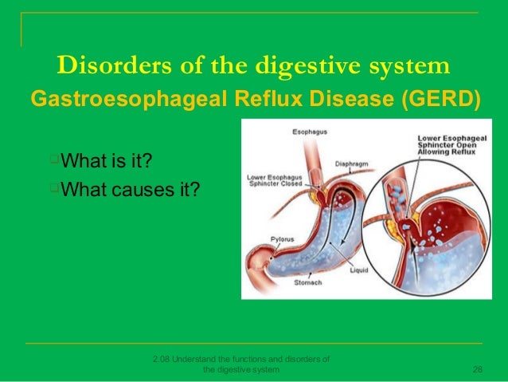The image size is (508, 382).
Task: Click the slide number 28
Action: pyautogui.click(x=478, y=369)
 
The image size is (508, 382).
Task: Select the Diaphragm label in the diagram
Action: pyautogui.click(x=351, y=162)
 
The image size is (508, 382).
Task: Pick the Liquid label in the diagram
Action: pyautogui.click(x=359, y=270)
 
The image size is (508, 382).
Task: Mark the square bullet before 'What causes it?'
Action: pyautogui.click(x=55, y=188)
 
